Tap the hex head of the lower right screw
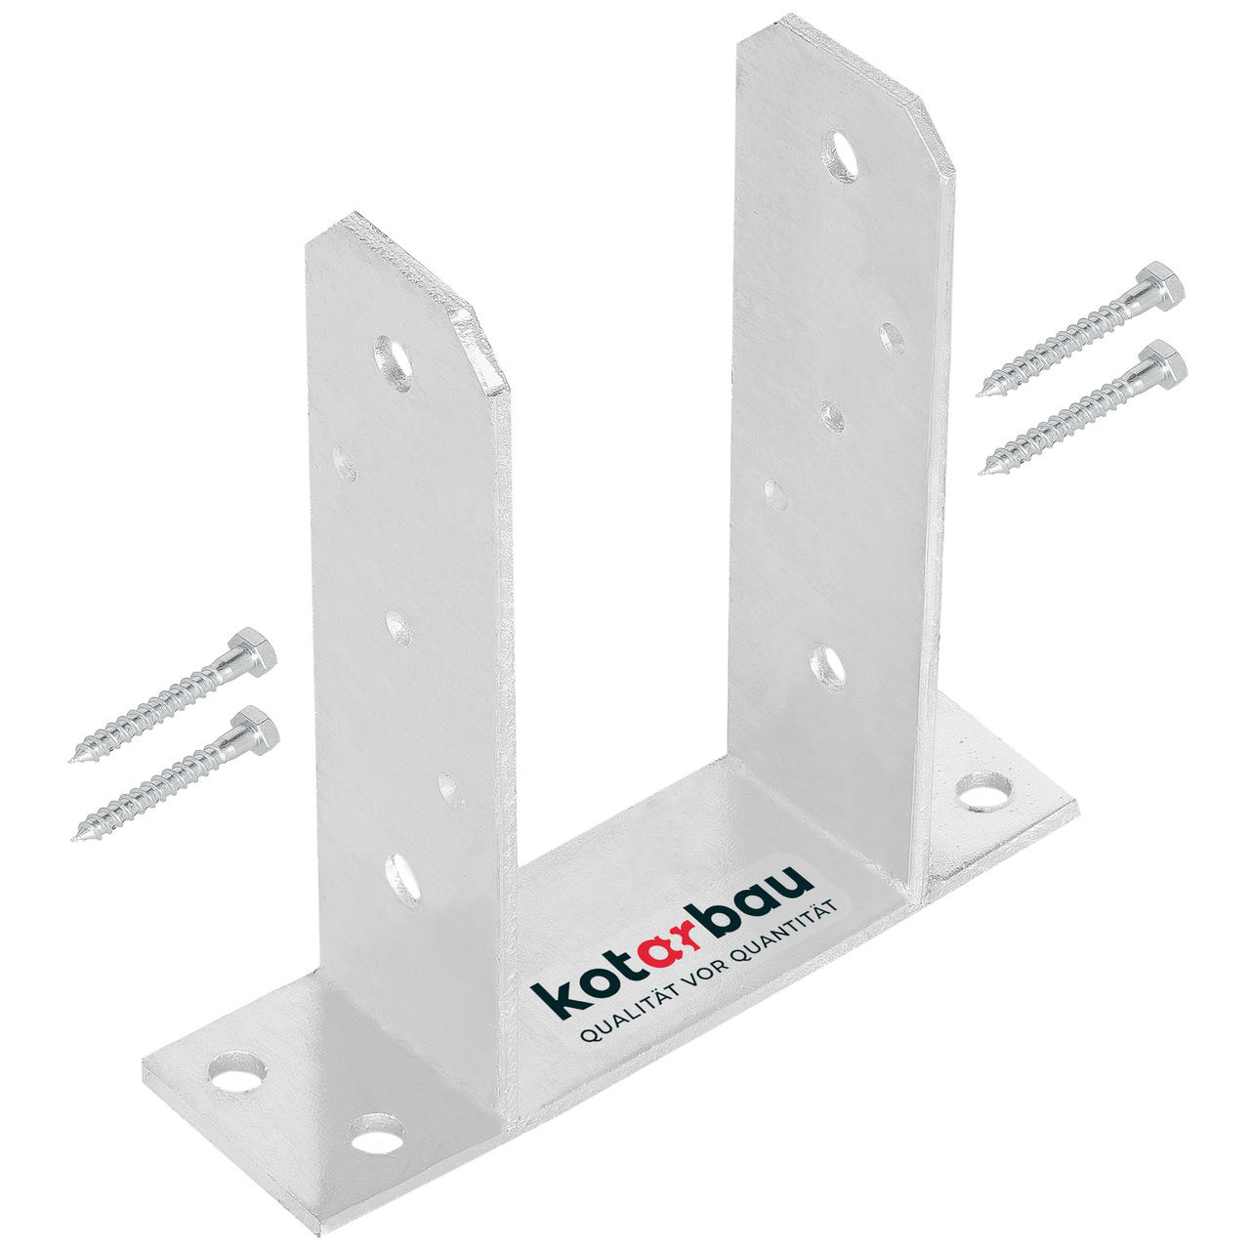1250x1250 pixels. pos(1165,363)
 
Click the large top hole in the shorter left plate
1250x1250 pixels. pos(394,363)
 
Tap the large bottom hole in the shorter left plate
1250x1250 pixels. pos(403,876)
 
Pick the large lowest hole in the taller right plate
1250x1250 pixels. pos(828,666)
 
